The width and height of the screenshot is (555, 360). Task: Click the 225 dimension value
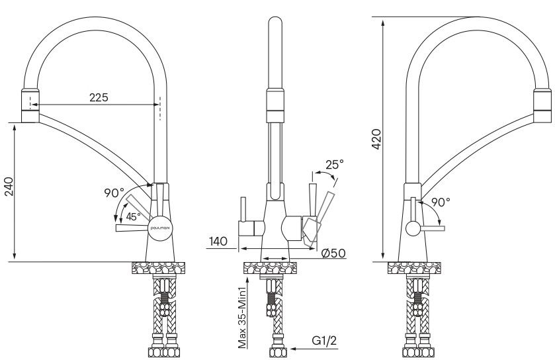point(99,97)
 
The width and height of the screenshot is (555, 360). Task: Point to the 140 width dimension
point(218,242)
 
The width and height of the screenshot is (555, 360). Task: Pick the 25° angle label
point(334,164)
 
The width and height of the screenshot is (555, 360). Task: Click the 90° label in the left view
point(114,193)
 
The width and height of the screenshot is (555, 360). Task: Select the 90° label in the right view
point(441,202)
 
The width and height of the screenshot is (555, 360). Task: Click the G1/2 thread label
point(325,341)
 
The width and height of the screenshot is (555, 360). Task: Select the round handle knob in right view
point(412,229)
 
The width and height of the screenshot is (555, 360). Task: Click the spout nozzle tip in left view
point(30,117)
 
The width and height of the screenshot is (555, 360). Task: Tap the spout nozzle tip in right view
point(541,117)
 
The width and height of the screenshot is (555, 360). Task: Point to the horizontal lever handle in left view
point(131,229)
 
